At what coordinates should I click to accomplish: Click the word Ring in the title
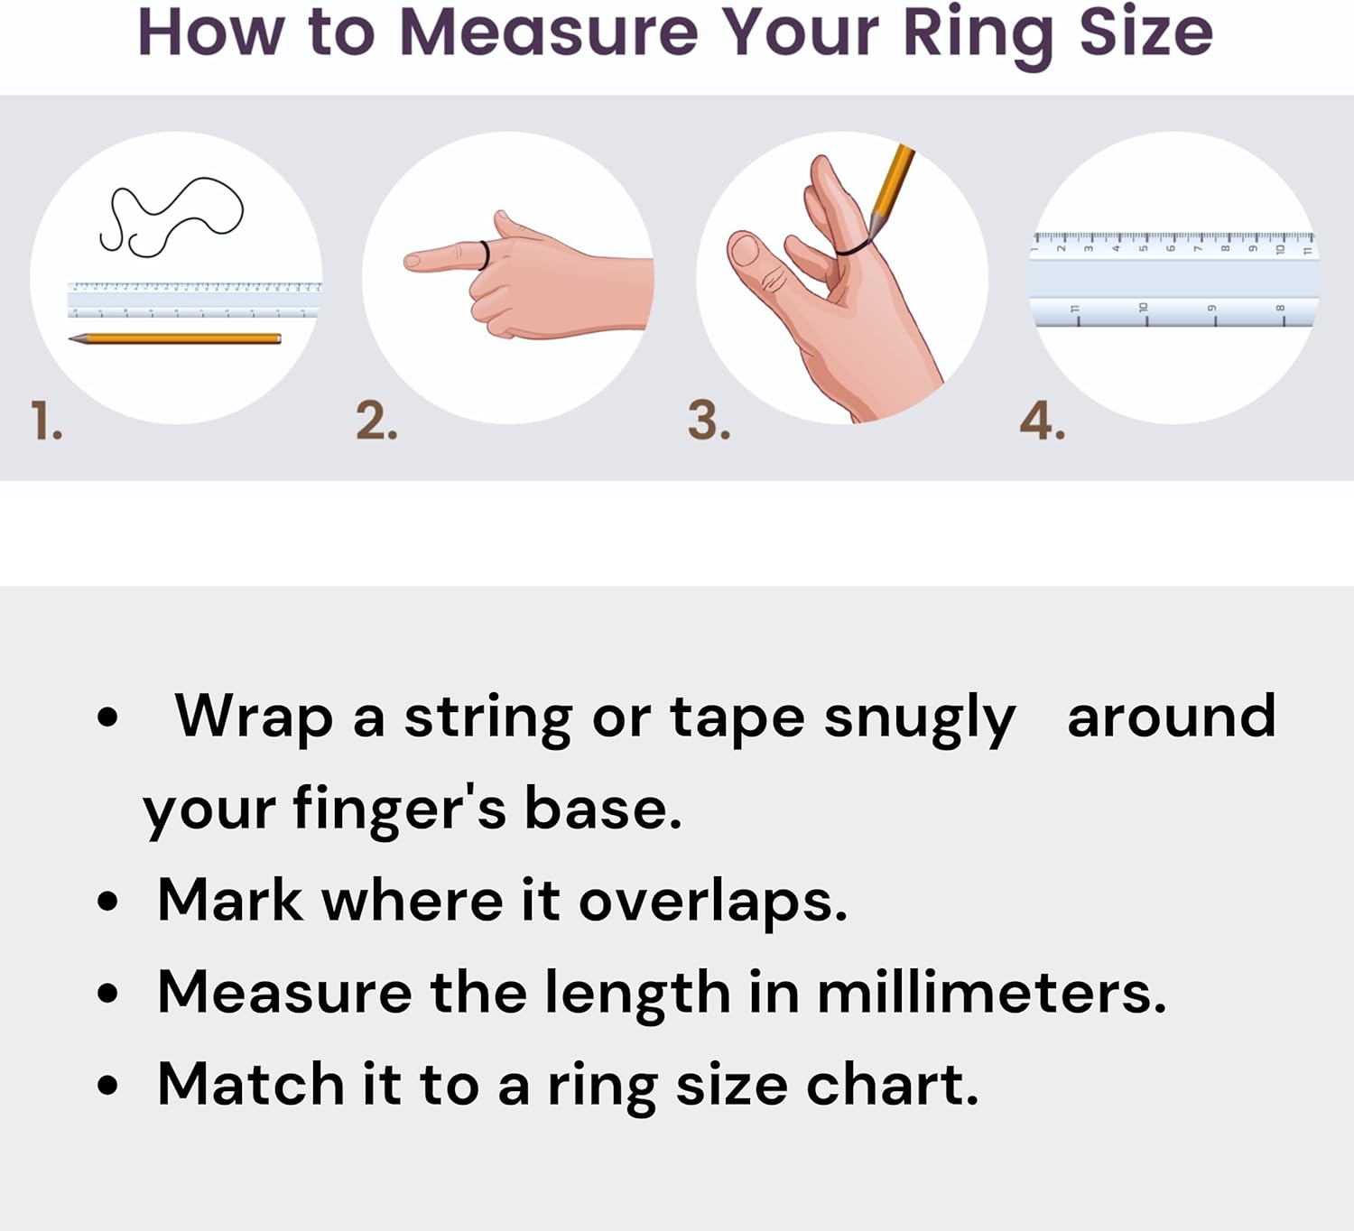pos(978,33)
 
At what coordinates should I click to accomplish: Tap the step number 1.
pos(45,421)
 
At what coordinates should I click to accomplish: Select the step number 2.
pos(376,421)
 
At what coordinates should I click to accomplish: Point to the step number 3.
pos(709,421)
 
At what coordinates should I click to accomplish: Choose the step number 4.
pos(1042,421)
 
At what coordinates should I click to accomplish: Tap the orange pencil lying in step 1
pos(176,338)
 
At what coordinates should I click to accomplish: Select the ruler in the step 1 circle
pos(194,300)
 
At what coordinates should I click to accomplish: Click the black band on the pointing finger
pos(485,255)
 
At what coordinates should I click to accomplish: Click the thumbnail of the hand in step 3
pos(746,249)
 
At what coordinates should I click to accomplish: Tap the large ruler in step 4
pos(1173,280)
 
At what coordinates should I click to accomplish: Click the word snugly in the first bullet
pos(919,719)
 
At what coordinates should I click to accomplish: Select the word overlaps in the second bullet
pos(712,902)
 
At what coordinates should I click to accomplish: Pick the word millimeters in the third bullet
pos(990,993)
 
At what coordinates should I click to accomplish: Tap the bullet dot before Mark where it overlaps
pos(108,902)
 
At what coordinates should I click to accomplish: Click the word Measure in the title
pos(549,33)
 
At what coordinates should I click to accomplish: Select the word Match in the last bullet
pos(250,1084)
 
